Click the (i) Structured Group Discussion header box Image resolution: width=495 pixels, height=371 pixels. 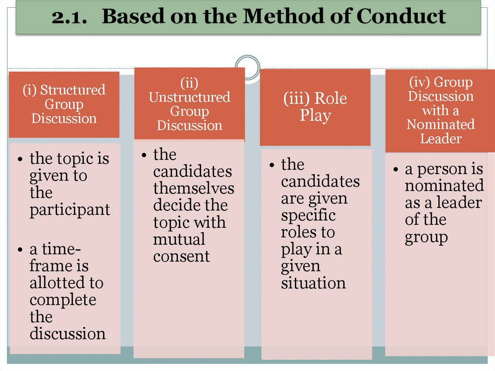coord(64,104)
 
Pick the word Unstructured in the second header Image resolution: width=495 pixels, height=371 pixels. coord(189,97)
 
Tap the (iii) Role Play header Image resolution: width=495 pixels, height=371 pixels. coord(315,107)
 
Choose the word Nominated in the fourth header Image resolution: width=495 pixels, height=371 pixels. coord(440,124)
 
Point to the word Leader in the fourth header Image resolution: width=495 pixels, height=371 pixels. coord(440,138)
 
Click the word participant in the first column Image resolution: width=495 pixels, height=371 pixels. coord(70,210)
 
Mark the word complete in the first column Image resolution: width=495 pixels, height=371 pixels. coord(63,300)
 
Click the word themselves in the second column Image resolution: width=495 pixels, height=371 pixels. coord(193,188)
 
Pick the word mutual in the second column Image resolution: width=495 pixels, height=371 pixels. coord(179,239)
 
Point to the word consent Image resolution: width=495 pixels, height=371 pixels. coord(181,256)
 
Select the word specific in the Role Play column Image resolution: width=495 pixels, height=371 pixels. coord(308,215)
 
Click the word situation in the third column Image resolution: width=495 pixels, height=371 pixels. coord(313,283)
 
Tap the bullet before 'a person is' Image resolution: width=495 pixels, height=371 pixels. coord(395,170)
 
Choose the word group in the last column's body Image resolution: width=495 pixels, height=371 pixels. coord(426,237)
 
